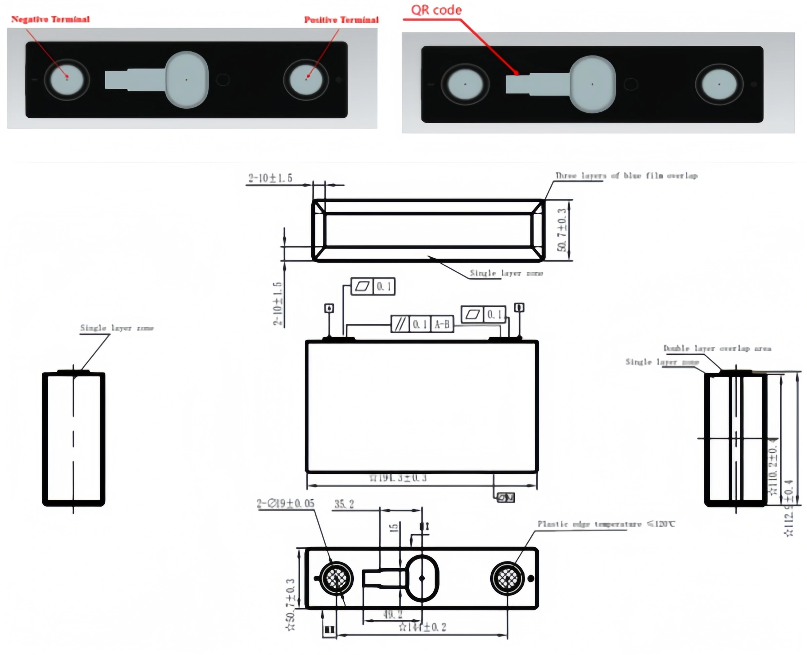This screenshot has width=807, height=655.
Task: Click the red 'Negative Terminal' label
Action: point(50,19)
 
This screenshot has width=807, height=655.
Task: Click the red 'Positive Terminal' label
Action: point(341,20)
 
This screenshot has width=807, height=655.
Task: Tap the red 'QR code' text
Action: point(436,10)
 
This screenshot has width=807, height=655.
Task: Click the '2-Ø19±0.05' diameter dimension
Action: point(285,504)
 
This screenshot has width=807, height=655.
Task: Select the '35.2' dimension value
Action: point(344,504)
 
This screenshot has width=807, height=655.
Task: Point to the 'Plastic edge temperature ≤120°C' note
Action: point(606,524)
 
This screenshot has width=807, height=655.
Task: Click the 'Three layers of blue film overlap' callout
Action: point(626,176)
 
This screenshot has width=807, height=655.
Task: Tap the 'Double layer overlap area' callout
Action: point(717,348)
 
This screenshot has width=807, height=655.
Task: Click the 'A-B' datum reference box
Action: point(442,324)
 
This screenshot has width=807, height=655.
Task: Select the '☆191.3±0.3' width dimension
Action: point(398,478)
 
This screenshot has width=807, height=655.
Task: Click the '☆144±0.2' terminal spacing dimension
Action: point(423,627)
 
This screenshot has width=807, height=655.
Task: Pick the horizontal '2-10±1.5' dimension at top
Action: point(270,178)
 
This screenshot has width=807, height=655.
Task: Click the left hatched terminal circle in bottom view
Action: point(336,578)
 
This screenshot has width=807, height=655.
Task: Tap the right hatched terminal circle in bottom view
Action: point(507,578)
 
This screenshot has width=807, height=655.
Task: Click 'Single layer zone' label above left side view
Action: point(117,328)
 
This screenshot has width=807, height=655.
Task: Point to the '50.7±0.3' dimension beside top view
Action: point(562,230)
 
